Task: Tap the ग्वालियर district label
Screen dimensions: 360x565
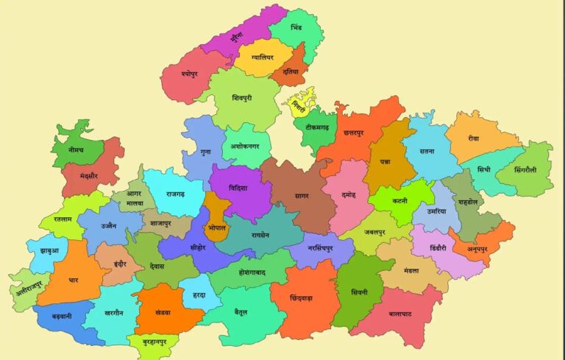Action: (261, 56)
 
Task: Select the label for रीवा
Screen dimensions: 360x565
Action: (473, 138)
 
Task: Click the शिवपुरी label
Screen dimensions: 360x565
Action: (241, 97)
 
